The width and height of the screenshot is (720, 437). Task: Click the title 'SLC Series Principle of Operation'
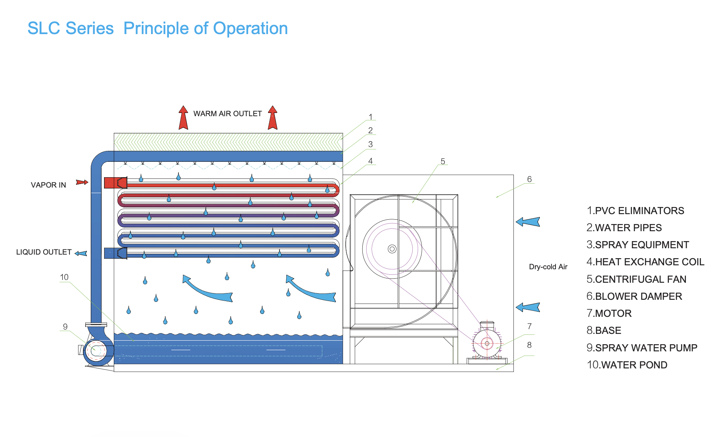tap(157, 29)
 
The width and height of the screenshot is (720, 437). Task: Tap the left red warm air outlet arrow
tap(183, 118)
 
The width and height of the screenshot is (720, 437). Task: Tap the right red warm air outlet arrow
tap(272, 118)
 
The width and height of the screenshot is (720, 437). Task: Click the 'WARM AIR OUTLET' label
tap(228, 114)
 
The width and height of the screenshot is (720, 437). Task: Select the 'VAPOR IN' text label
tap(48, 185)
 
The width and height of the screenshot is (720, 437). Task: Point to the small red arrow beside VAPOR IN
tap(82, 182)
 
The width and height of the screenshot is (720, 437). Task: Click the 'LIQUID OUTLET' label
tap(44, 252)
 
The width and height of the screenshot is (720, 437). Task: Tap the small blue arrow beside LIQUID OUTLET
tap(81, 253)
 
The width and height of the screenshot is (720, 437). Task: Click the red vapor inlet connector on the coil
tap(115, 183)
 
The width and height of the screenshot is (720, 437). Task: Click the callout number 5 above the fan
tap(443, 161)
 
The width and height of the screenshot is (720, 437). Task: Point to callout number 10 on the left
tap(64, 277)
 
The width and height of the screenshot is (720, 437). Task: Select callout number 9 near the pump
tap(65, 327)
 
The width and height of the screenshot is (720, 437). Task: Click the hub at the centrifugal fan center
tap(392, 249)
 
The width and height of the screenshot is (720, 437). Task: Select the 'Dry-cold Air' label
tap(548, 267)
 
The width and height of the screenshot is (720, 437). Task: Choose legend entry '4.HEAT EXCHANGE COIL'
tap(645, 262)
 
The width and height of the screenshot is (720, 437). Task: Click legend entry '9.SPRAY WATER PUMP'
tap(641, 348)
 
